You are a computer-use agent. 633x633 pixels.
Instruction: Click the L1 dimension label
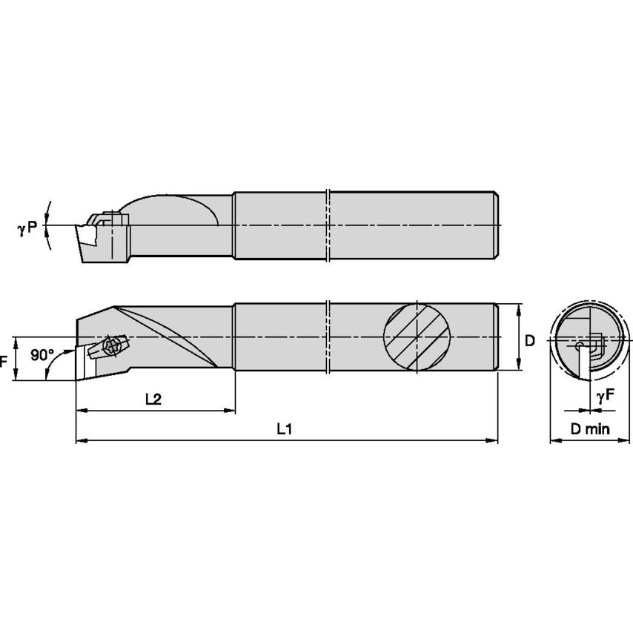click(x=284, y=428)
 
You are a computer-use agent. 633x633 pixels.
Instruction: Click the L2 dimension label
click(x=153, y=399)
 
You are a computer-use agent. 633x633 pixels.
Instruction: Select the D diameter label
click(x=529, y=341)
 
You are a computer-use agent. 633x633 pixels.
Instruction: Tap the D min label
click(x=589, y=429)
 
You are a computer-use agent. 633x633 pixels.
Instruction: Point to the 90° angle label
click(x=42, y=355)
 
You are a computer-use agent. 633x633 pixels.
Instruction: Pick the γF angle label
click(x=605, y=397)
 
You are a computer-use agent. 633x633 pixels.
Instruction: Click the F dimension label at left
click(x=4, y=361)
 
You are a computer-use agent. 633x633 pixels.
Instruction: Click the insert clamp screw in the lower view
click(x=114, y=345)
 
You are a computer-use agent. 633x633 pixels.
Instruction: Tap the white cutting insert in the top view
click(x=86, y=236)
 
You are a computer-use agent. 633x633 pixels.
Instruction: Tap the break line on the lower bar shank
click(x=327, y=337)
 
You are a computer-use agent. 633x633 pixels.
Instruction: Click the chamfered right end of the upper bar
click(x=495, y=225)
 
